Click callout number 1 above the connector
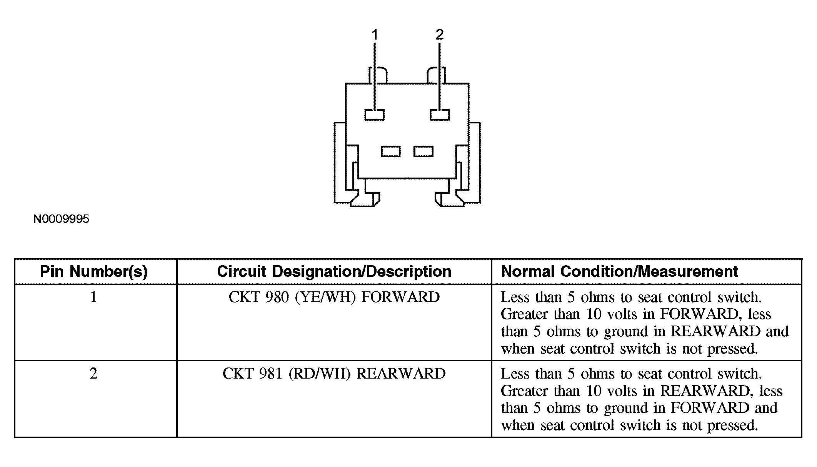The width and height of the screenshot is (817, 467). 375,35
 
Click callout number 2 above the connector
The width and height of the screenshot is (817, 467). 440,35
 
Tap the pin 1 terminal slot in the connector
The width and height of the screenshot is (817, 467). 374,115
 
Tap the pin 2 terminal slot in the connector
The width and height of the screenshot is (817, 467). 440,115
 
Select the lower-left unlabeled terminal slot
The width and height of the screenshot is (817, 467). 390,151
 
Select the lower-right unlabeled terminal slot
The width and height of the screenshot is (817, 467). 424,151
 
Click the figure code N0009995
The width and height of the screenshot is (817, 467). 61,219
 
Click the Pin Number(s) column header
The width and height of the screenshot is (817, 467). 94,272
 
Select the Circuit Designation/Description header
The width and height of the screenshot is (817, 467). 334,272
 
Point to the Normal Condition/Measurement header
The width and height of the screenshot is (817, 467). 619,272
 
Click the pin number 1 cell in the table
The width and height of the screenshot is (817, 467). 93,297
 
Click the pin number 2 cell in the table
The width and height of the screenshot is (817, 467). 93,374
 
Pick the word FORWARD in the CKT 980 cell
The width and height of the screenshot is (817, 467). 400,297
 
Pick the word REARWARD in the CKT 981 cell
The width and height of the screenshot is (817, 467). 401,374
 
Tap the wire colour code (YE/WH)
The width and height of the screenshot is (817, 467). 325,297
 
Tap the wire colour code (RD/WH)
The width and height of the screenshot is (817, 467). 319,374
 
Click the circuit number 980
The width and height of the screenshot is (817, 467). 277,297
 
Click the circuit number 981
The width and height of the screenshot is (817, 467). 271,374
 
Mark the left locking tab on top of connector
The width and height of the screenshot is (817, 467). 378,75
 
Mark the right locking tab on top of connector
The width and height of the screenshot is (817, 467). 436,75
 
